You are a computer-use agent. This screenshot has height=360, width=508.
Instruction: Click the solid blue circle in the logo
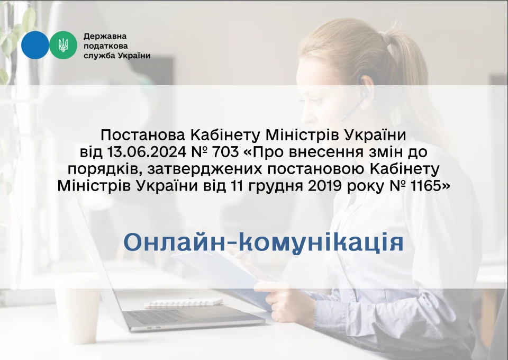point(35,45)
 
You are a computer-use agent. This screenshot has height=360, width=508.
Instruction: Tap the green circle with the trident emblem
point(63,45)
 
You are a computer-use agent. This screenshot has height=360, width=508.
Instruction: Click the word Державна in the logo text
point(105,36)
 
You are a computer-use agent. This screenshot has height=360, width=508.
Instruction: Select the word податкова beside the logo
point(106,46)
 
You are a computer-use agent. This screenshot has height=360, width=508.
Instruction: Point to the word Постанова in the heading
point(143,135)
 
